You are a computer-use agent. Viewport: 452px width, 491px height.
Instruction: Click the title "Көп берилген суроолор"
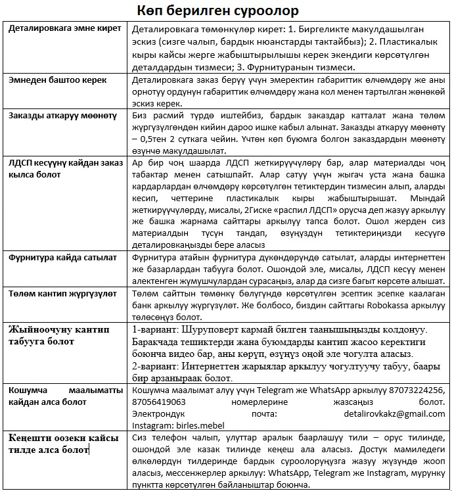[x=225, y=11]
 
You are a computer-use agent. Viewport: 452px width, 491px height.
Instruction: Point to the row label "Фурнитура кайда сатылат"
[x=62, y=258]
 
